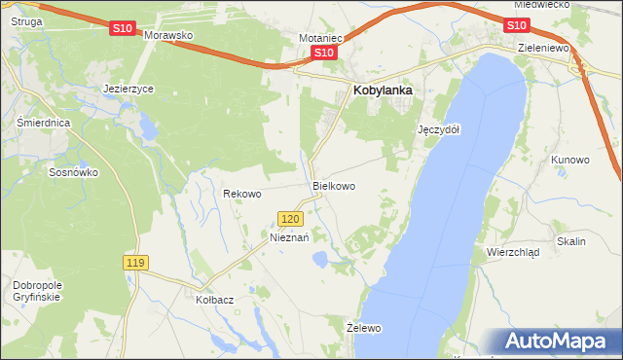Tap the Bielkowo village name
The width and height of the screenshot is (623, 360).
coord(333,185)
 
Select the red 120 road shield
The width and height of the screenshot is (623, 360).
coord(290,220)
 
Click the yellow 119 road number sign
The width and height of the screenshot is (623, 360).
coord(135,263)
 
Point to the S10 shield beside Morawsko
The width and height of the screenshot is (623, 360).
coord(122,29)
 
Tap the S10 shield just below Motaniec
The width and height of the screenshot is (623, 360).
coord(325,54)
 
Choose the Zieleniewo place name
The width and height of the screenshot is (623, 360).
coord(543,47)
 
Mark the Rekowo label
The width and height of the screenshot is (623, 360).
coord(242,194)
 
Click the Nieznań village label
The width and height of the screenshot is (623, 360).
coord(289,236)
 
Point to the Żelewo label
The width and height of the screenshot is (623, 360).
coord(364,328)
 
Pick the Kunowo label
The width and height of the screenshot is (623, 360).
coord(570,159)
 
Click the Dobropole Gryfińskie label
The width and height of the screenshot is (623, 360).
coord(37,291)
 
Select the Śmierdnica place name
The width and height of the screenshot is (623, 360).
coord(39,124)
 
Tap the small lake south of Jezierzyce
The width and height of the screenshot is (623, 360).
coord(147,126)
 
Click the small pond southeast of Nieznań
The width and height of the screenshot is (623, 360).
coord(318,259)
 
